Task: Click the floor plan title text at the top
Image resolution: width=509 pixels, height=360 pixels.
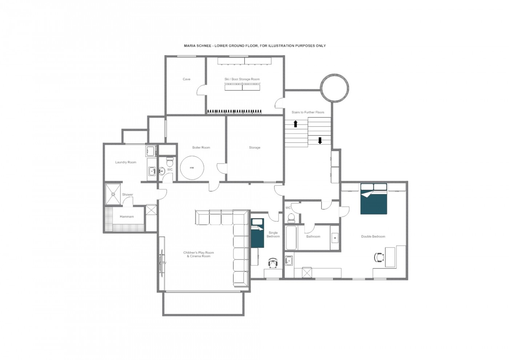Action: tap(254, 46)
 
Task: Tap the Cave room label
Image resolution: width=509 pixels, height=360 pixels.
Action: tap(187, 79)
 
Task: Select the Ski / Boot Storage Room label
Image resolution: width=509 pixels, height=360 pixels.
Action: tap(242, 79)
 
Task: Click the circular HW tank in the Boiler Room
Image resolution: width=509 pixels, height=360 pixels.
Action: tap(192, 168)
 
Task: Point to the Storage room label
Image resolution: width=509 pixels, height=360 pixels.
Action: tap(254, 148)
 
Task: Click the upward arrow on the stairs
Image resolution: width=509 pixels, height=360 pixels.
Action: tap(296, 124)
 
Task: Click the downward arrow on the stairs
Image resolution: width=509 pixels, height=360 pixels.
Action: tap(320, 140)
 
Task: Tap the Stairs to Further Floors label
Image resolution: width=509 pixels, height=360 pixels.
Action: tap(308, 112)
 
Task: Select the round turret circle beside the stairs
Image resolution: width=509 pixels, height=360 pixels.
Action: tap(334, 88)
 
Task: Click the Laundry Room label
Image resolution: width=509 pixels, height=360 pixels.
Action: tap(126, 162)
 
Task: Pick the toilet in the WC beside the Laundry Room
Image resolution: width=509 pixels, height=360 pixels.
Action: tap(170, 161)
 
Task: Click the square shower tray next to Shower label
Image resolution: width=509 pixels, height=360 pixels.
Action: tap(113, 195)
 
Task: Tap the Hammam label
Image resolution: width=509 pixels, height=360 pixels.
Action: tap(127, 217)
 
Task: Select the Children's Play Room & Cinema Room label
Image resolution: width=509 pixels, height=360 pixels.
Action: tap(199, 255)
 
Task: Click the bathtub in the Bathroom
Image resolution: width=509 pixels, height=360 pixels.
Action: tap(291, 238)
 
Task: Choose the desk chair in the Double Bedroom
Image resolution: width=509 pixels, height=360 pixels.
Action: tap(379, 257)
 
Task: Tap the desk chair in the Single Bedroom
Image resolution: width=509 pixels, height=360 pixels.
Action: tap(273, 262)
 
